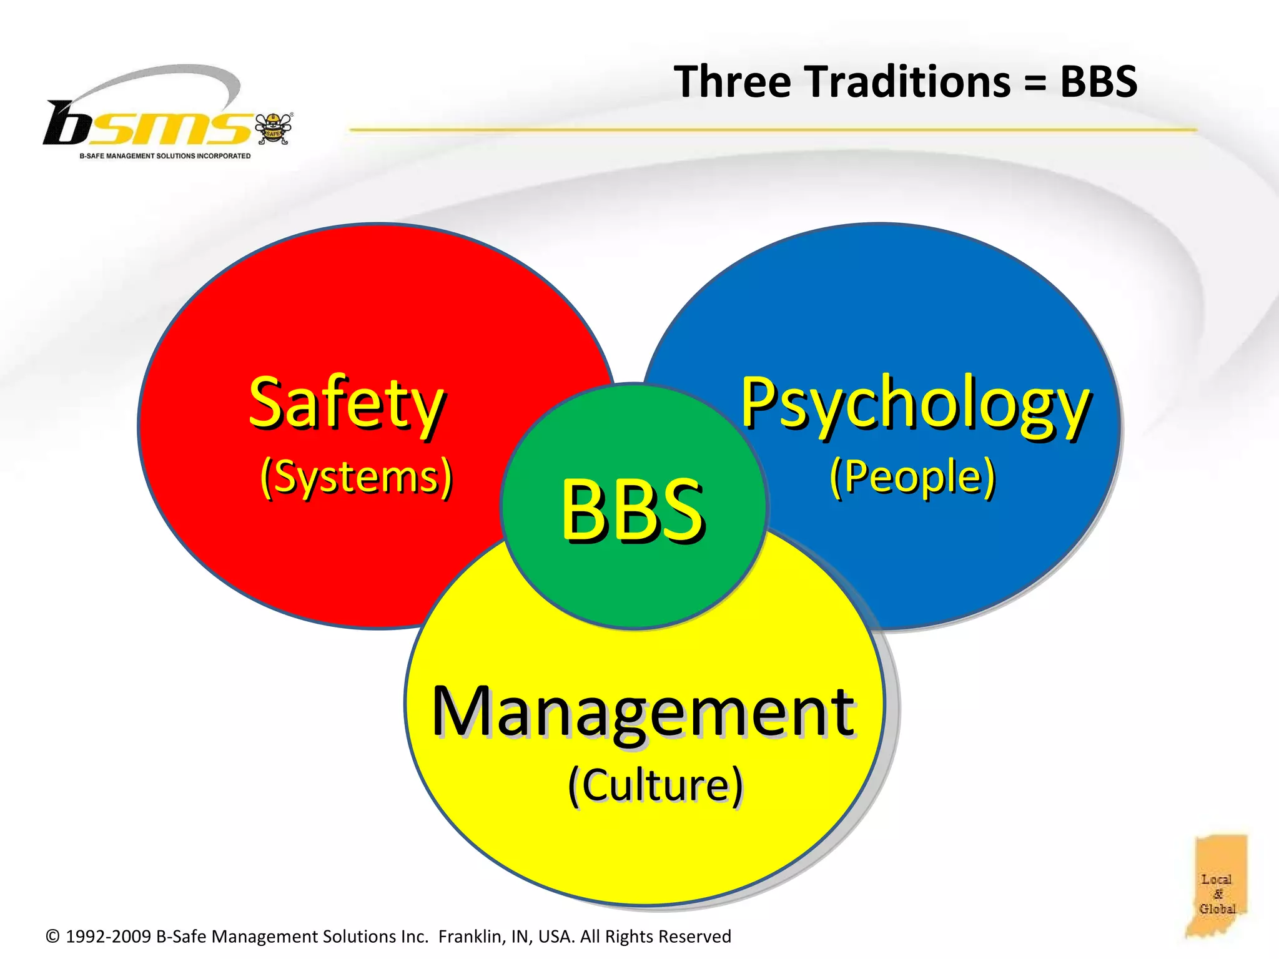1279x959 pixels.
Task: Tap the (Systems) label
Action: pos(356,477)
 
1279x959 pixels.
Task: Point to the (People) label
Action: pos(912,477)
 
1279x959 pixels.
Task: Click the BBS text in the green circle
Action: pos(633,508)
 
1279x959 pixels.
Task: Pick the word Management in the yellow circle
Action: pos(643,712)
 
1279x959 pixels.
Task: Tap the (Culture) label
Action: pos(655,785)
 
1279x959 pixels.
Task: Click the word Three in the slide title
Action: pos(733,82)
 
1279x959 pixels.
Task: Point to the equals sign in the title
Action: pos(1035,83)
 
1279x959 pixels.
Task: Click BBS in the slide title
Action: pos(1099,82)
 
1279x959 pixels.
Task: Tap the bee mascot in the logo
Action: pos(274,128)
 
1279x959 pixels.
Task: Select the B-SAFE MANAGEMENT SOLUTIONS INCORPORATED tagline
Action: pos(165,156)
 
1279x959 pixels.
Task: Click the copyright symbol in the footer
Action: pos(53,937)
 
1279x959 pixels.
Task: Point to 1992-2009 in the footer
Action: pos(108,937)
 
